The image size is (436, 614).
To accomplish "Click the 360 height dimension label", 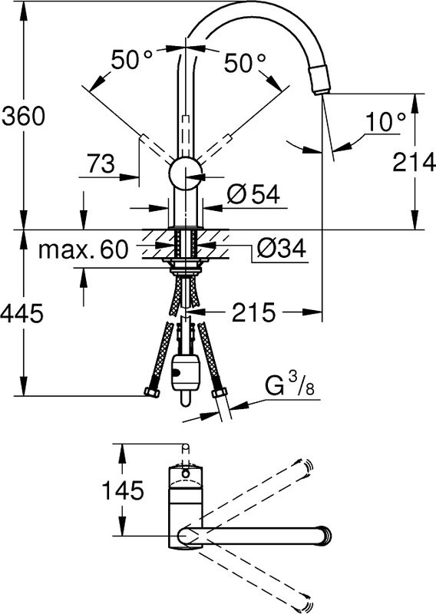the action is tap(24, 116).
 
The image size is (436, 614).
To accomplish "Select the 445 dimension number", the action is tap(21, 313).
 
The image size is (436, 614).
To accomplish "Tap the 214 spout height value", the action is tap(414, 162).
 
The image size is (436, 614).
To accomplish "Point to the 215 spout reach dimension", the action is tap(253, 312).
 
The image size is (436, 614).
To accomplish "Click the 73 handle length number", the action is tap(101, 163).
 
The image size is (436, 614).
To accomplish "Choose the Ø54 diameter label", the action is tap(253, 194).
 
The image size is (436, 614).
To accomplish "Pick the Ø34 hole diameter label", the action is tap(280, 248).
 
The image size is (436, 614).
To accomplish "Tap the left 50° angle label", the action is tap(131, 60).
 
